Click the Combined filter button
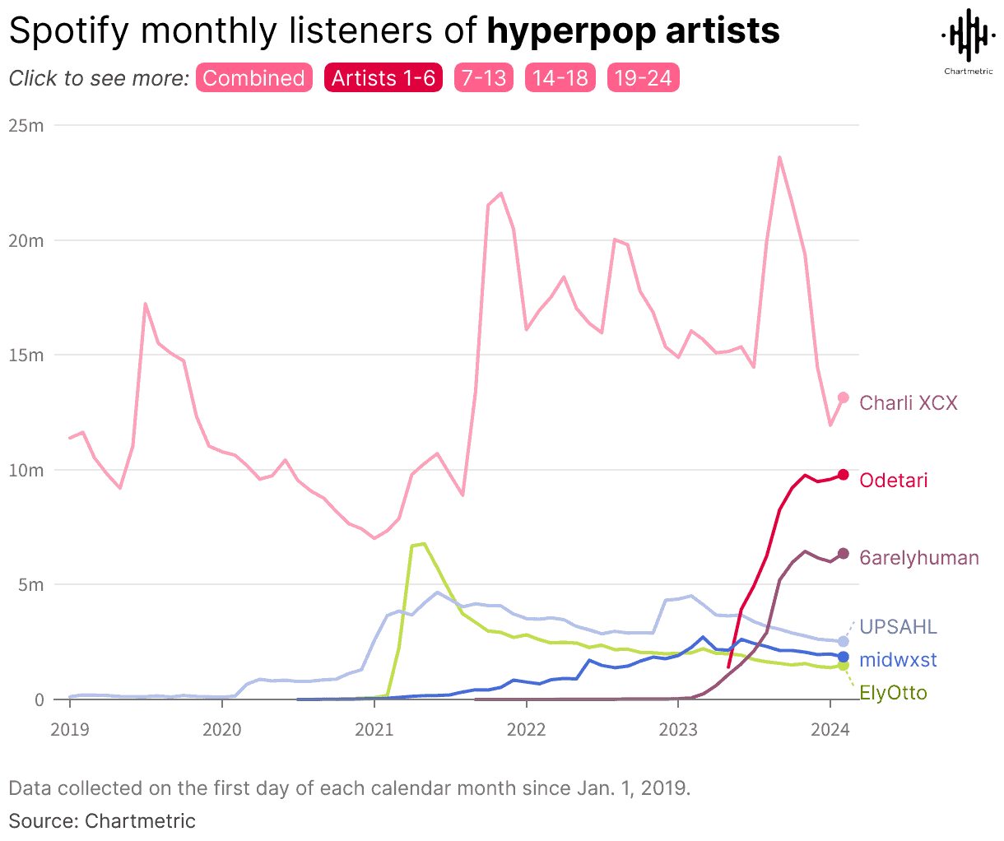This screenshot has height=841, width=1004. (x=253, y=78)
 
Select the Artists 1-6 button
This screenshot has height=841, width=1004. (x=383, y=78)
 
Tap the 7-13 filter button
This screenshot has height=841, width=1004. (x=484, y=78)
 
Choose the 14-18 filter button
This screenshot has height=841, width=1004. (x=560, y=78)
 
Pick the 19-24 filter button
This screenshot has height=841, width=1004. (x=643, y=78)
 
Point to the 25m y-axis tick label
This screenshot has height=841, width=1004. (x=26, y=126)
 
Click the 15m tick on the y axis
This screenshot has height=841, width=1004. (x=26, y=355)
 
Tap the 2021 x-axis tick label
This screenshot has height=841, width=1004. (x=374, y=728)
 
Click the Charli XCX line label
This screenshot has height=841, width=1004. (x=909, y=403)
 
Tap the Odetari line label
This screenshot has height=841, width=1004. (x=894, y=481)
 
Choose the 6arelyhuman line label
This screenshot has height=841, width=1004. (x=919, y=558)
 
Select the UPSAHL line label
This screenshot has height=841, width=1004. (x=898, y=627)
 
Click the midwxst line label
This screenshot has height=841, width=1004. (x=898, y=660)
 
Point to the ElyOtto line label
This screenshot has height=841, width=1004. (x=893, y=693)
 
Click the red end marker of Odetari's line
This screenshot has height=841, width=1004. (x=843, y=475)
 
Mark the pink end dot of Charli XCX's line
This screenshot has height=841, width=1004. (x=843, y=398)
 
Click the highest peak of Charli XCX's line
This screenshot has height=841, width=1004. (x=779, y=157)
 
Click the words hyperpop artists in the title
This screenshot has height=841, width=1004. (x=633, y=31)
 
